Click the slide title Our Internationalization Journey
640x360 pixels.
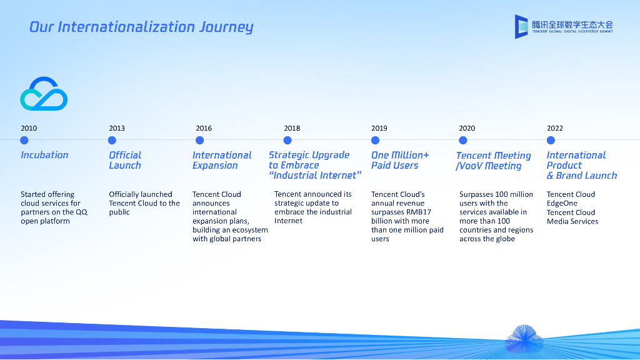(141, 27)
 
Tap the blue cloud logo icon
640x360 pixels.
(44, 94)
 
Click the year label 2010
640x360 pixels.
(29, 128)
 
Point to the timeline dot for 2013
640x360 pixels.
(112, 140)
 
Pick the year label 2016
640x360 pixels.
(204, 128)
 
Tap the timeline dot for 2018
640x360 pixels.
(287, 140)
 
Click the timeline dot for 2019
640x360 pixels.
(375, 140)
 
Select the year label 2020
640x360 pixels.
(467, 128)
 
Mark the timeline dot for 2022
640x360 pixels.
(551, 140)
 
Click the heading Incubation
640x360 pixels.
(44, 155)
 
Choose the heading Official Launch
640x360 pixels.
(125, 160)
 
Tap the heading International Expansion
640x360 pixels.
(222, 160)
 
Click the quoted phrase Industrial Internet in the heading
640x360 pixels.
(316, 176)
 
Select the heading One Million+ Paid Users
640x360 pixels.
(400, 160)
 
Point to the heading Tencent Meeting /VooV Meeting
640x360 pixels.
(493, 161)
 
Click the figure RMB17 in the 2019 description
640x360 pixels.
(419, 212)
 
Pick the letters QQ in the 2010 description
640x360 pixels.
(81, 212)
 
